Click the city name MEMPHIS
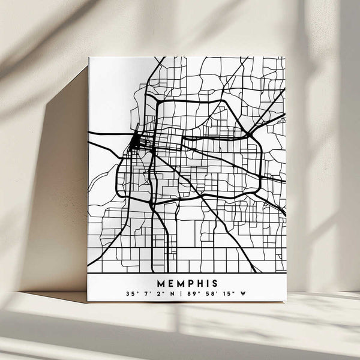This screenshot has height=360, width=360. tap(187, 282)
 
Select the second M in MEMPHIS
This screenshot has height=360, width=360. tap(179, 282)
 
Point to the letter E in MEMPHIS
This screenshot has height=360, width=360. tap(170, 282)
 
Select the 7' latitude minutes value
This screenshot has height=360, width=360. tap(146, 294)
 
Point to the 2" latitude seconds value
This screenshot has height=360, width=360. tap(158, 294)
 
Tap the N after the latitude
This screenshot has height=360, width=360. tap(171, 294)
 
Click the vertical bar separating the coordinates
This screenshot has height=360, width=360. tap(181, 294)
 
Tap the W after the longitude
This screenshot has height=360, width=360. tap(242, 294)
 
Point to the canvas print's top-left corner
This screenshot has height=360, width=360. tap(89, 58)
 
